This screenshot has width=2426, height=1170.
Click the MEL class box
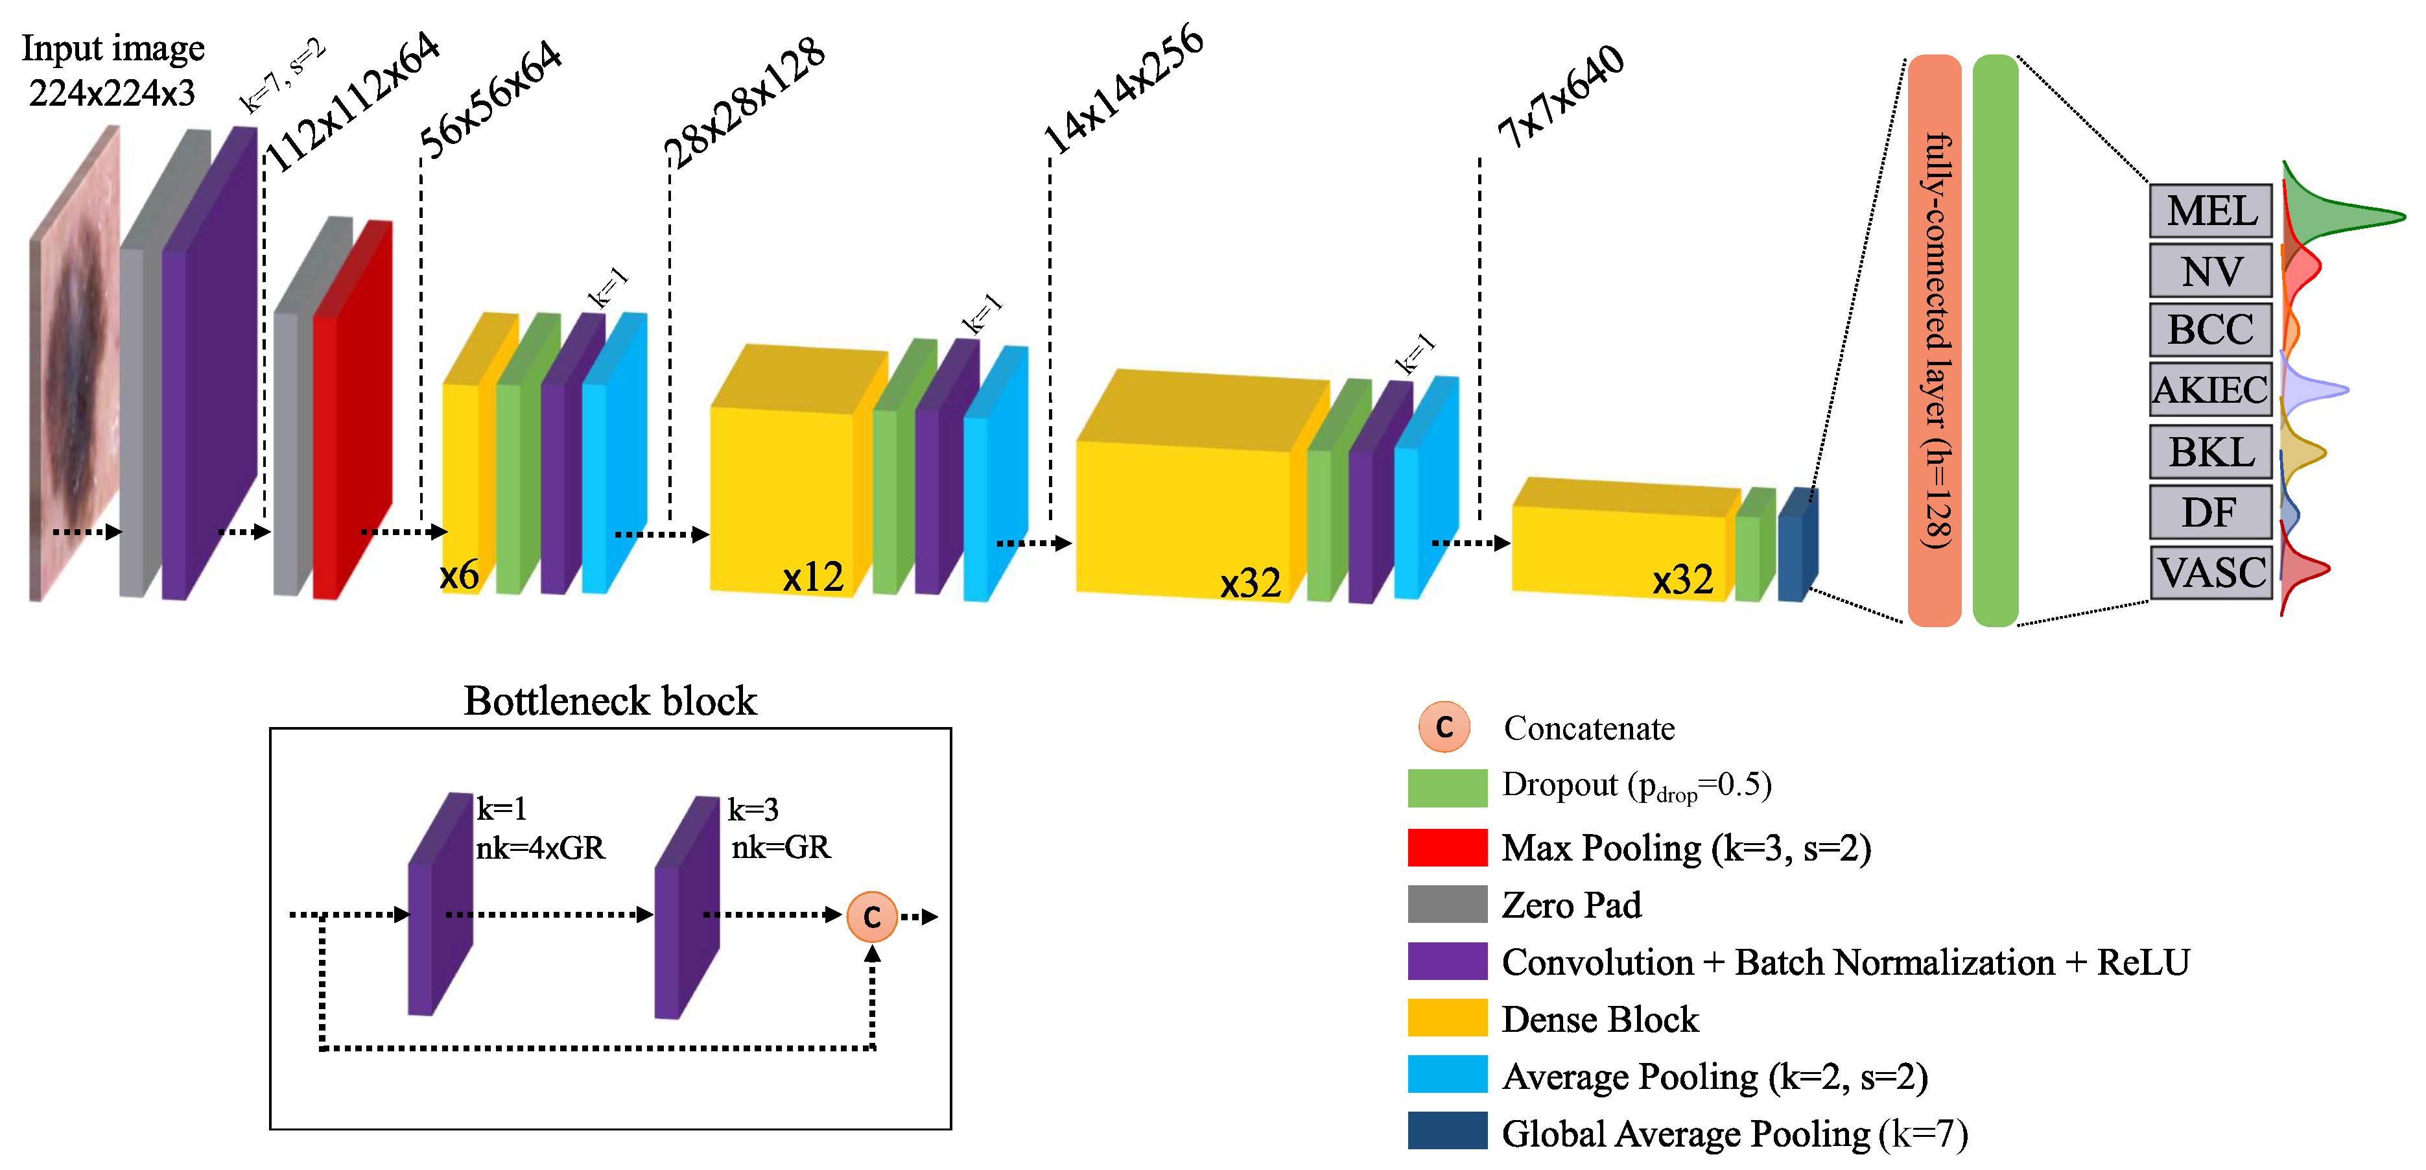click(2209, 211)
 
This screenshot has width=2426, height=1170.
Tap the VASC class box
click(2209, 572)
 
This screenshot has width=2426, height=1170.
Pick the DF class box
click(2209, 512)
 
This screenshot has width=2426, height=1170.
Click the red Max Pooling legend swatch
click(1446, 847)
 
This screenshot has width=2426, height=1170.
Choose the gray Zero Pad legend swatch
click(1446, 904)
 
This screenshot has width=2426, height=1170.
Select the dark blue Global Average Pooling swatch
click(1446, 1130)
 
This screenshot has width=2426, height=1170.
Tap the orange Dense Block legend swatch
click(1446, 1018)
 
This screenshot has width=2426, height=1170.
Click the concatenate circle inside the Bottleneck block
click(871, 916)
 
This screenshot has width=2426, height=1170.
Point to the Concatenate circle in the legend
click(1444, 727)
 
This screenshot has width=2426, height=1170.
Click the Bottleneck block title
click(609, 701)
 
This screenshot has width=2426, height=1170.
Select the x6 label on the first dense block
click(460, 574)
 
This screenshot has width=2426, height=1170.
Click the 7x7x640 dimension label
click(1561, 97)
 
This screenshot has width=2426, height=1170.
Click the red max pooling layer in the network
click(353, 414)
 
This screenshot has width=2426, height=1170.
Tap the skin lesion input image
click(75, 367)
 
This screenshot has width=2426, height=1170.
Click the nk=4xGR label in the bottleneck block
click(539, 848)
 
